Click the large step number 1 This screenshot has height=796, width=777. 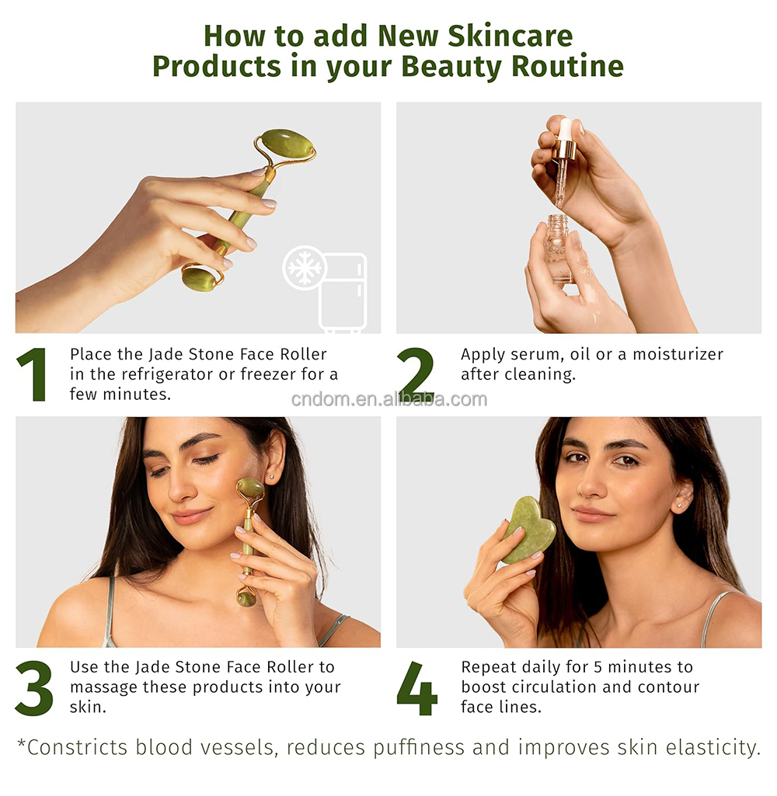click(32, 374)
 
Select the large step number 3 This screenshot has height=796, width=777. click(34, 688)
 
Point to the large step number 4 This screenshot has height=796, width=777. click(417, 688)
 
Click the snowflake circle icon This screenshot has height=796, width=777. click(305, 269)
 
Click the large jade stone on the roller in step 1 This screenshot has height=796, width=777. click(287, 144)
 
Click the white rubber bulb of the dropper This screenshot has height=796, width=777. click(566, 129)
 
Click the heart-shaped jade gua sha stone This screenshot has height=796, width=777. click(528, 530)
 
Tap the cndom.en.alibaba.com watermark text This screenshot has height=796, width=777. click(388, 399)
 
